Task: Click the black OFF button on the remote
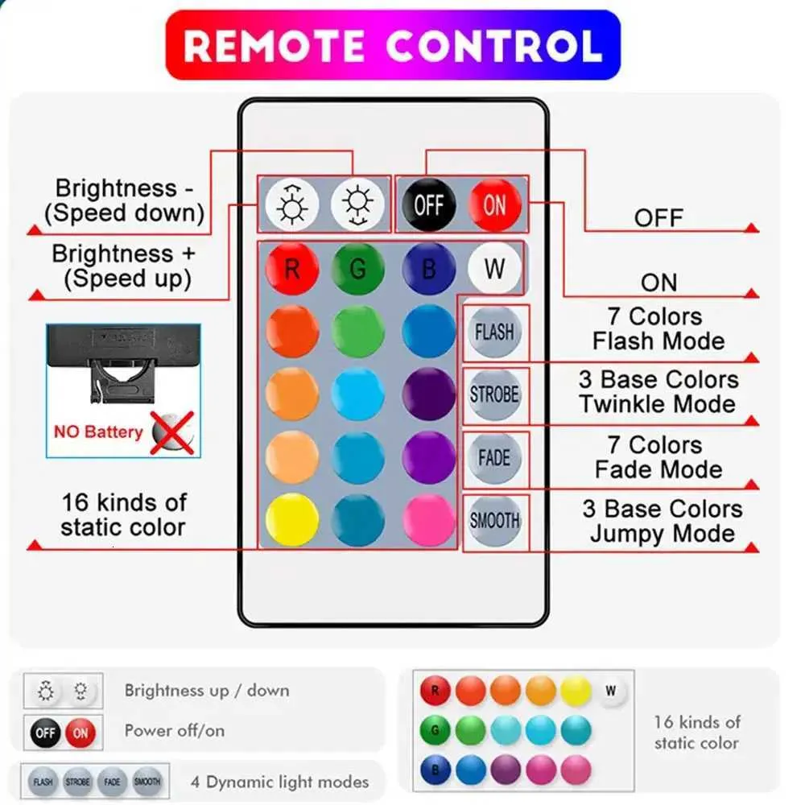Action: coord(428,204)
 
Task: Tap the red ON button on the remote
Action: coord(495,204)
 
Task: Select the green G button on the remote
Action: coord(358,268)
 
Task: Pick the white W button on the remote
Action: coord(494,268)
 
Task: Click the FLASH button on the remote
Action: coord(494,332)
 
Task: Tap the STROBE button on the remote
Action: coord(494,394)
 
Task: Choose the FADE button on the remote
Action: coord(494,458)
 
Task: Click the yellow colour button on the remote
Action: coord(291,519)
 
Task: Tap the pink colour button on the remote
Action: coord(428,519)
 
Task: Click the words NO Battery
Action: coord(98,431)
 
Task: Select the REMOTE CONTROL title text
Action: coord(393,45)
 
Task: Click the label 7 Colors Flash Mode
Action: coord(658,328)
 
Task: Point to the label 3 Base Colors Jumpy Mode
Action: coord(662,521)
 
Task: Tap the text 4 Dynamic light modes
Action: coord(279,781)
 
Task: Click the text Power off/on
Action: coord(175,731)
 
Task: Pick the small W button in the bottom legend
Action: coord(610,691)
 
